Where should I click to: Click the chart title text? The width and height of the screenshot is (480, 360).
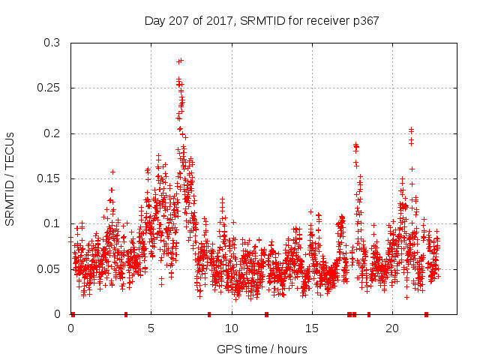(261, 21)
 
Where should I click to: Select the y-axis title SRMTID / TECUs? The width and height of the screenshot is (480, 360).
(10, 178)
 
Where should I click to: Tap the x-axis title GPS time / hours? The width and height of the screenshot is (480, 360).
(262, 349)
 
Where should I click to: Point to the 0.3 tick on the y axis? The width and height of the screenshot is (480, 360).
(51, 43)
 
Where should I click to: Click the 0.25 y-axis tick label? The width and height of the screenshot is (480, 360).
(48, 88)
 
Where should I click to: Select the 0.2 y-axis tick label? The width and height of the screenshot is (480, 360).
(51, 133)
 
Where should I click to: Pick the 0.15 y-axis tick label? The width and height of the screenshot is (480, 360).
(48, 178)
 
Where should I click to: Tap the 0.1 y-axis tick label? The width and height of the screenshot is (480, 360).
(51, 223)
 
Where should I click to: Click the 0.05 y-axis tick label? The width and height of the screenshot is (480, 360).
(48, 268)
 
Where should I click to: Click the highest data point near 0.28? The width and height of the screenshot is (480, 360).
(181, 60)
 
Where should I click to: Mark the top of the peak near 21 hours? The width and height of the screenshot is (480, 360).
(411, 129)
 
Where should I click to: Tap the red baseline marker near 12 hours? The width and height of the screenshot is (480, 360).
(266, 314)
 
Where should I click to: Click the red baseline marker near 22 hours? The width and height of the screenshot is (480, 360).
(426, 314)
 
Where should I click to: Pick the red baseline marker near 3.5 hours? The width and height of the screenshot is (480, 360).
(126, 314)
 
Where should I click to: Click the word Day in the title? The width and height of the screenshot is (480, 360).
(154, 21)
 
